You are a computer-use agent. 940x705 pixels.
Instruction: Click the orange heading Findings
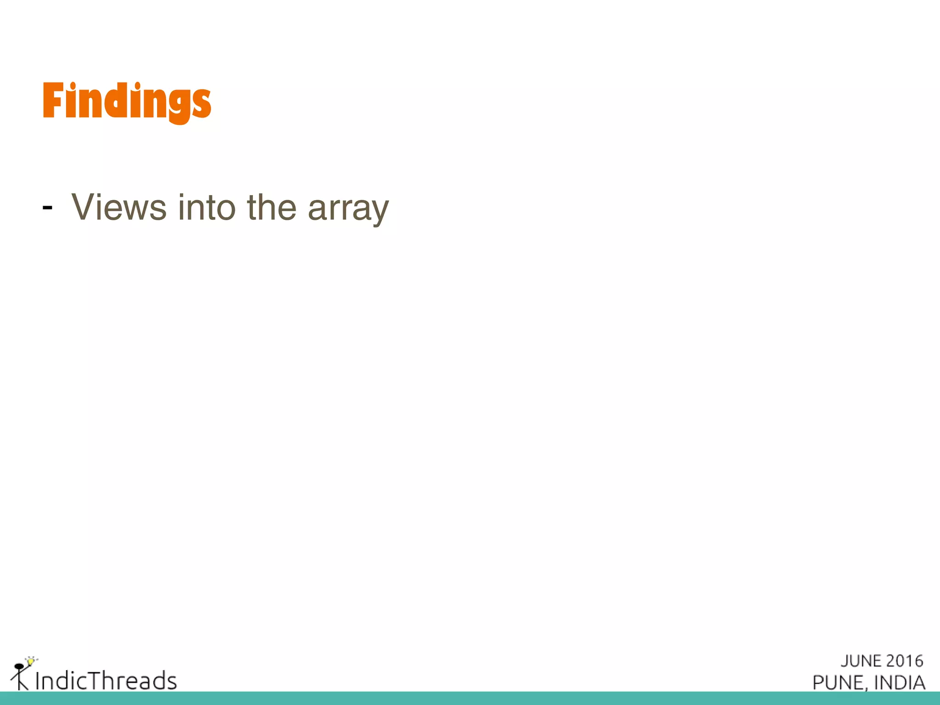tap(127, 101)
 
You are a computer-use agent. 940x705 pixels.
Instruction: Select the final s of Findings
tap(202, 104)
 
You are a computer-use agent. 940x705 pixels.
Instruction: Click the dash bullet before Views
tap(47, 208)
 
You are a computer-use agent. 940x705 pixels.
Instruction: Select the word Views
tap(119, 207)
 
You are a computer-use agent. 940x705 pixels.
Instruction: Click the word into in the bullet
tap(207, 207)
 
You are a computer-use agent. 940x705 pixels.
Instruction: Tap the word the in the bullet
tap(272, 207)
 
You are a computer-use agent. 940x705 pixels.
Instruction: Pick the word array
tap(348, 209)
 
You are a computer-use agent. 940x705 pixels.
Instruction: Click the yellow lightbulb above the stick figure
tap(31, 661)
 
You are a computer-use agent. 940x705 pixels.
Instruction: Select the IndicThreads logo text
tap(106, 680)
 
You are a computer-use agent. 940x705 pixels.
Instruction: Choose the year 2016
tap(905, 661)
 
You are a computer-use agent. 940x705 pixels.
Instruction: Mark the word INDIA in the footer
tap(900, 683)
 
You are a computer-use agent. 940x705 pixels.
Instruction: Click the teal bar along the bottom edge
tap(470, 698)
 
